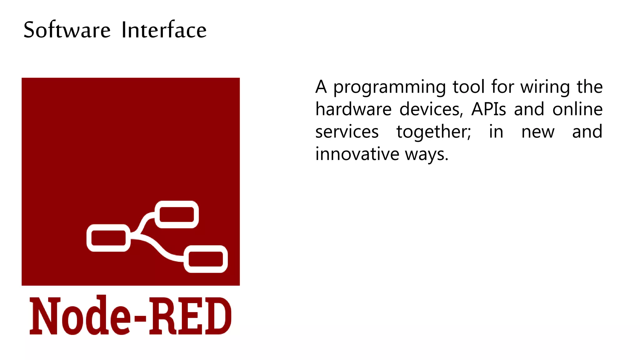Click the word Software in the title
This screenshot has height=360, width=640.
click(67, 30)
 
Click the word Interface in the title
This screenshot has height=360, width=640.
click(164, 30)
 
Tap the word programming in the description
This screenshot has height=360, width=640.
click(389, 87)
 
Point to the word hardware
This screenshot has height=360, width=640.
click(353, 109)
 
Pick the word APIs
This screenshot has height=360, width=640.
click(488, 109)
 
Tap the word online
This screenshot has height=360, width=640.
click(577, 109)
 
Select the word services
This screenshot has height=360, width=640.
click(347, 132)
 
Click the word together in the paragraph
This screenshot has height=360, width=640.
click(433, 132)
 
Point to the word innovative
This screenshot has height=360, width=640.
click(357, 154)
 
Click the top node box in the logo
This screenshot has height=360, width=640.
click(177, 215)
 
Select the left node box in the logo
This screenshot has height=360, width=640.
click(108, 238)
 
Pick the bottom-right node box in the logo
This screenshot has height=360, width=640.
click(206, 259)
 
